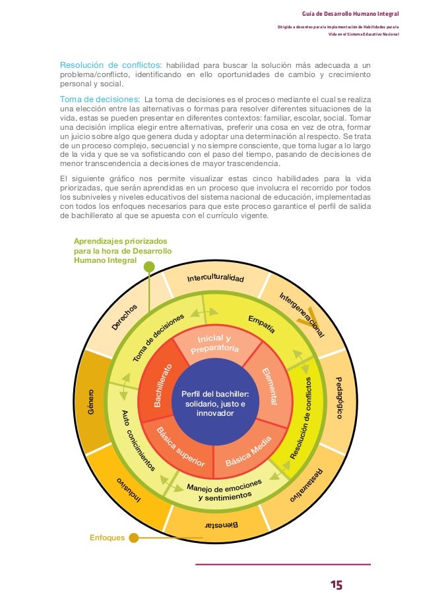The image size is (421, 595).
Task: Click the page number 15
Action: [337, 584]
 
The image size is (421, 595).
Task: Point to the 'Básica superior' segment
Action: [181, 449]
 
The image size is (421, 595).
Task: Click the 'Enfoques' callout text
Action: [107, 538]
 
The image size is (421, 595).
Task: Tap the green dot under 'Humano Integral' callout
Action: [149, 267]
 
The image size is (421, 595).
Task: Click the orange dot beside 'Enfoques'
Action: [134, 538]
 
